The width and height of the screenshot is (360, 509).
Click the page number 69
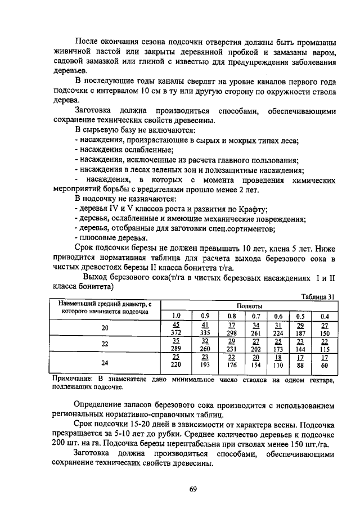[192, 489]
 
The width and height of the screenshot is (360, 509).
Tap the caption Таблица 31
[318, 297]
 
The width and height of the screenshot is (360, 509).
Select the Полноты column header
[249, 305]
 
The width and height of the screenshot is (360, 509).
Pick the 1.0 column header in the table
[176, 316]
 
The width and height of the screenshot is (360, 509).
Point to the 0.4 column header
[324, 316]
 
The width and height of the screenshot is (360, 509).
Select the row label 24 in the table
[105, 362]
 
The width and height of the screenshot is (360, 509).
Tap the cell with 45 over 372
[176, 328]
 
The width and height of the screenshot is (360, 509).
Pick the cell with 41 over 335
[205, 328]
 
